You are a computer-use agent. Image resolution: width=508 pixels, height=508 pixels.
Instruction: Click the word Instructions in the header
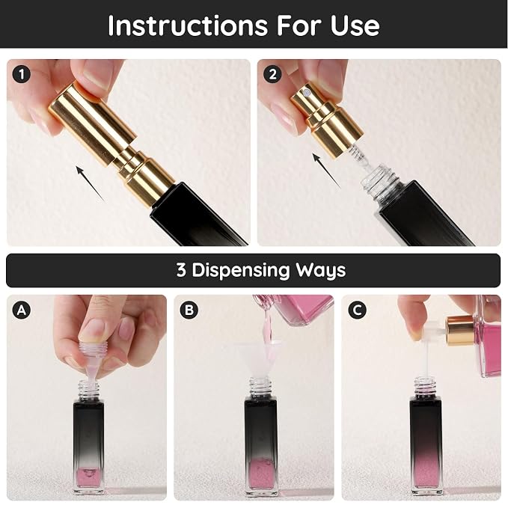click(x=188, y=25)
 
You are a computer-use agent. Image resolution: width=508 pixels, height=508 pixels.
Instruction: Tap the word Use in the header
click(x=355, y=25)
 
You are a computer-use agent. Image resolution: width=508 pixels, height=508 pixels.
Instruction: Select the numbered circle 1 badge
click(x=22, y=75)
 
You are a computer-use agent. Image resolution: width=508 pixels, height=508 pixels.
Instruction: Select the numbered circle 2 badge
click(x=272, y=75)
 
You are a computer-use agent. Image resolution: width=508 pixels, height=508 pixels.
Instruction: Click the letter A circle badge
click(x=22, y=310)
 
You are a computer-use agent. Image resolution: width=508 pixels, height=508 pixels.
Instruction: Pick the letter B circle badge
click(x=189, y=310)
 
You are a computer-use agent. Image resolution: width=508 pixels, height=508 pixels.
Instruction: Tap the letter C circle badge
click(x=357, y=310)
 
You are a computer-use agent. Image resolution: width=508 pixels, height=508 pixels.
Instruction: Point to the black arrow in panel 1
click(x=91, y=183)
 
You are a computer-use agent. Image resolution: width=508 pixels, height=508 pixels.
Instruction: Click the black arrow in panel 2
click(x=326, y=171)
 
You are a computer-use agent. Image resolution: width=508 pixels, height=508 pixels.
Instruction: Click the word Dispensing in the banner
click(x=240, y=271)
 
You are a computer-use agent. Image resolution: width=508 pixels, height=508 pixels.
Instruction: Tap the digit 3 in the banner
click(x=181, y=270)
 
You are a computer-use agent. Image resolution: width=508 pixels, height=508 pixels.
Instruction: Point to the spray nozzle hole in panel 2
click(x=306, y=94)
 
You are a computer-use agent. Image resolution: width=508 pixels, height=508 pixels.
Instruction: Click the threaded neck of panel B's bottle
click(x=260, y=387)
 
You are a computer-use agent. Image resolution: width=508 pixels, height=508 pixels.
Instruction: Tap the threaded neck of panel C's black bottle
click(x=426, y=387)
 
